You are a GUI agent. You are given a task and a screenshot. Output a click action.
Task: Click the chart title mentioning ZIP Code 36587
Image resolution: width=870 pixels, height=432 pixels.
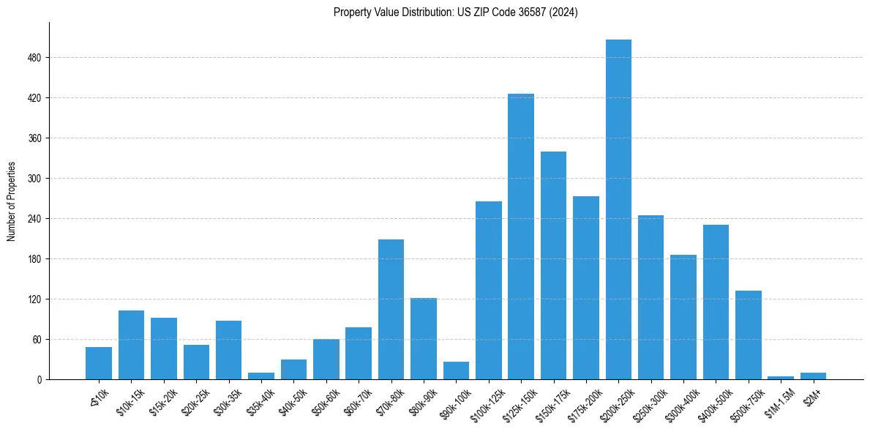[455, 12]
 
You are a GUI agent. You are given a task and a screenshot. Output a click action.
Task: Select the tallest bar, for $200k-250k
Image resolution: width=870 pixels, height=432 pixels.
[618, 209]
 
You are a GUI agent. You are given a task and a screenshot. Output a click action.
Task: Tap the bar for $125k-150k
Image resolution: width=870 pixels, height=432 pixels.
[521, 237]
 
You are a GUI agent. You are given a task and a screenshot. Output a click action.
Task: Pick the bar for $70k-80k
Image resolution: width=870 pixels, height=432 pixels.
[391, 309]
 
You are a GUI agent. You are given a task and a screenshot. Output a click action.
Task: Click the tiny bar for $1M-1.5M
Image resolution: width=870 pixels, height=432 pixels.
[781, 378]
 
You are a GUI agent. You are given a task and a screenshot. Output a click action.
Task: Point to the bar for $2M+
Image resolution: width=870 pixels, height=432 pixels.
[813, 376]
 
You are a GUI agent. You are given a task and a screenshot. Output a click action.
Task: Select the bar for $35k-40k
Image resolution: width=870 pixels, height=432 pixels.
[261, 376]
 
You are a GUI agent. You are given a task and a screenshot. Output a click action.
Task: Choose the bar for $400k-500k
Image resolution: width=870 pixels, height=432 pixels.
[716, 302]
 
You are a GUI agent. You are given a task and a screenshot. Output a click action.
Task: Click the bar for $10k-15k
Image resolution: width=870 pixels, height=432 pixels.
[131, 345]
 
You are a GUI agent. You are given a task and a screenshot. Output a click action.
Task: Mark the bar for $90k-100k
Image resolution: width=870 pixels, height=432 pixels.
[456, 370]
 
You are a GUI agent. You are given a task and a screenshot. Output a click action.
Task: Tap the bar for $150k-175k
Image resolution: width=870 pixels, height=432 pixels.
[553, 265]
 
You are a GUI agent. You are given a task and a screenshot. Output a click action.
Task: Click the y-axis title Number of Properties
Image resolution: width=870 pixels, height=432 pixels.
[12, 201]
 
